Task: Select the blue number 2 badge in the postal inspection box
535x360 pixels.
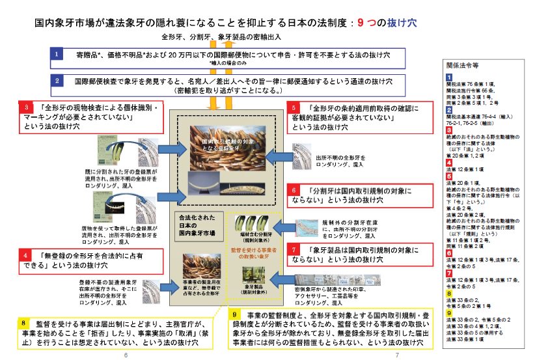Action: coord(57,81)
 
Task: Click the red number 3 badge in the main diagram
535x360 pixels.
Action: coord(26,106)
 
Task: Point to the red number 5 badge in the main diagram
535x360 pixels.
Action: coord(294,106)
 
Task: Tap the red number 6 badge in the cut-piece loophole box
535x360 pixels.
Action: coord(294,190)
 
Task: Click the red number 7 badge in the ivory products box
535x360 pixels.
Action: coord(294,249)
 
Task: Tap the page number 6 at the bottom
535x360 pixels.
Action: coord(125,354)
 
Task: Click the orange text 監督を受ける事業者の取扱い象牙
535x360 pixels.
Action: coord(254,252)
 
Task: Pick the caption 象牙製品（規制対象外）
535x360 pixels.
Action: coord(255,288)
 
